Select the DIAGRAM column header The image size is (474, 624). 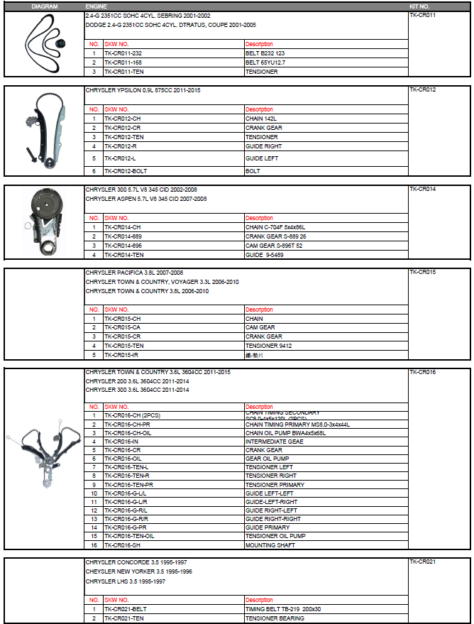(45, 6)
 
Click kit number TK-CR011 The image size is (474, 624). (423, 15)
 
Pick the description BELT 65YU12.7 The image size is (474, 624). (265, 62)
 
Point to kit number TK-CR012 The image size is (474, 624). (423, 90)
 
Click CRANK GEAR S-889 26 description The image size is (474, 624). (276, 236)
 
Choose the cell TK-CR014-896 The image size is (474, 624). (123, 246)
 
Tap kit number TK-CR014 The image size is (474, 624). (423, 190)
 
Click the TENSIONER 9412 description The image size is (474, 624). (269, 346)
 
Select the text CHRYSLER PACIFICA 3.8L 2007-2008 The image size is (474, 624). (135, 272)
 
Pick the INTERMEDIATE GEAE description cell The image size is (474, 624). (274, 442)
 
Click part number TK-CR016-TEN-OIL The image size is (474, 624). (129, 536)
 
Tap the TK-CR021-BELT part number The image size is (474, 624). (126, 609)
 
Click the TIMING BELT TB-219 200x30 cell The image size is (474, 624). (283, 609)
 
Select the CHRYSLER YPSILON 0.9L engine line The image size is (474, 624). (143, 91)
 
